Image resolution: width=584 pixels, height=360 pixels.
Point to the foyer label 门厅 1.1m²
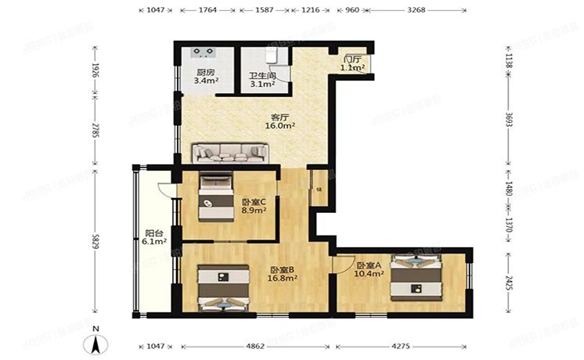tap(352, 63)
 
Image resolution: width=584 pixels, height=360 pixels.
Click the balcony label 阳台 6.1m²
tap(155, 237)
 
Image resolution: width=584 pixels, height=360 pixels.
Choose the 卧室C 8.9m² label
tap(254, 206)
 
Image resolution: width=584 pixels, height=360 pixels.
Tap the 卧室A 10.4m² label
tap(368, 270)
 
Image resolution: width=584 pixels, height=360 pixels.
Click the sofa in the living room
tap(230, 152)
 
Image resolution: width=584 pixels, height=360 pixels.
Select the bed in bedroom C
tap(216, 198)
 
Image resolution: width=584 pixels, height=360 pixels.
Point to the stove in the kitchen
tap(204, 53)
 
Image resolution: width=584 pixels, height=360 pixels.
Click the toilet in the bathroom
tap(272, 56)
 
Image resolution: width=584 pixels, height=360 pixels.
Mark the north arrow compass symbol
tap(96, 343)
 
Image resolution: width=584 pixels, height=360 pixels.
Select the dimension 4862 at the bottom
tap(257, 344)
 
